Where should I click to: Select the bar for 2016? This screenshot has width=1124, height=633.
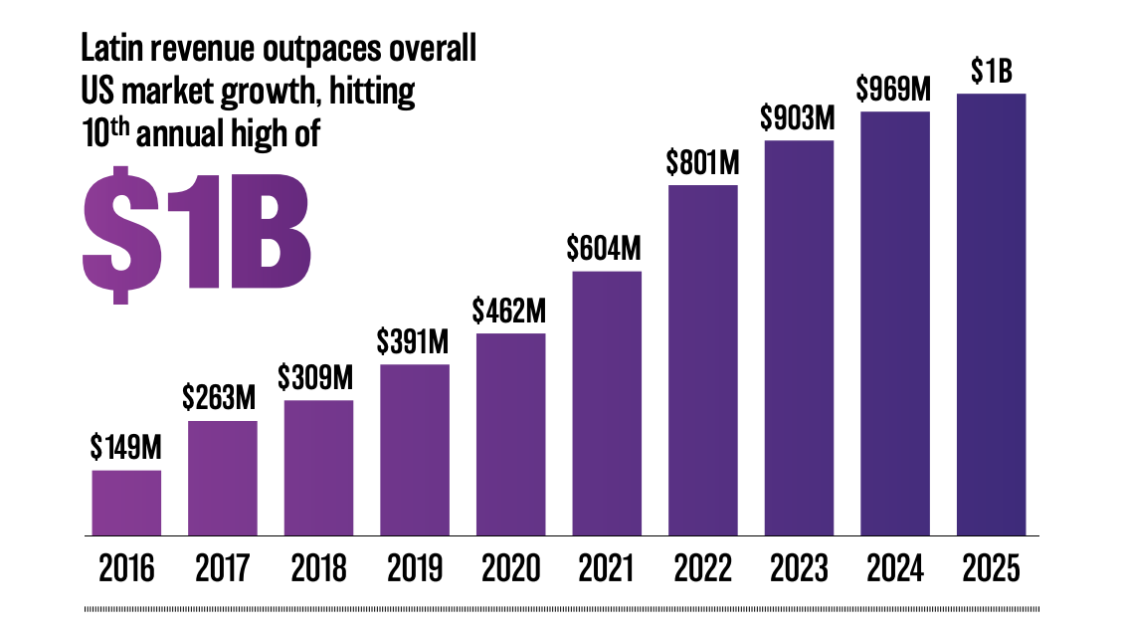[x=126, y=503]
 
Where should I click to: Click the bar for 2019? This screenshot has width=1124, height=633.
[x=415, y=450]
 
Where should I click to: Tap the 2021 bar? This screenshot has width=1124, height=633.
[x=607, y=403]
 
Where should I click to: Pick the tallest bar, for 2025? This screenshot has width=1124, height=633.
[x=991, y=314]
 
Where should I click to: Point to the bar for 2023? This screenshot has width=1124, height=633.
[x=799, y=337]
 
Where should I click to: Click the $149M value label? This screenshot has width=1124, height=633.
[x=125, y=447]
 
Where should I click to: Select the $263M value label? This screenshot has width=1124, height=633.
[x=219, y=396]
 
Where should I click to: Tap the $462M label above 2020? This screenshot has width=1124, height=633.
[x=509, y=311]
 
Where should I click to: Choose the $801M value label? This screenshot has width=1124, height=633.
[x=702, y=162]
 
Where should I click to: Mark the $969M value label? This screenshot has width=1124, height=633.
[x=893, y=89]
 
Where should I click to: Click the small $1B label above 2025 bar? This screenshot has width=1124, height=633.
[x=992, y=71]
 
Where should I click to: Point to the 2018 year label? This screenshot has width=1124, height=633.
[x=318, y=568]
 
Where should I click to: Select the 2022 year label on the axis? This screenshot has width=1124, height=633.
[x=702, y=568]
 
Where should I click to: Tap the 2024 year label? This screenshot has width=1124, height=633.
[x=894, y=568]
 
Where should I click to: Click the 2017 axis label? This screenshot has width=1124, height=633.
[x=222, y=568]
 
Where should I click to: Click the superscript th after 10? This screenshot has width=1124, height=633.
[x=119, y=126]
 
